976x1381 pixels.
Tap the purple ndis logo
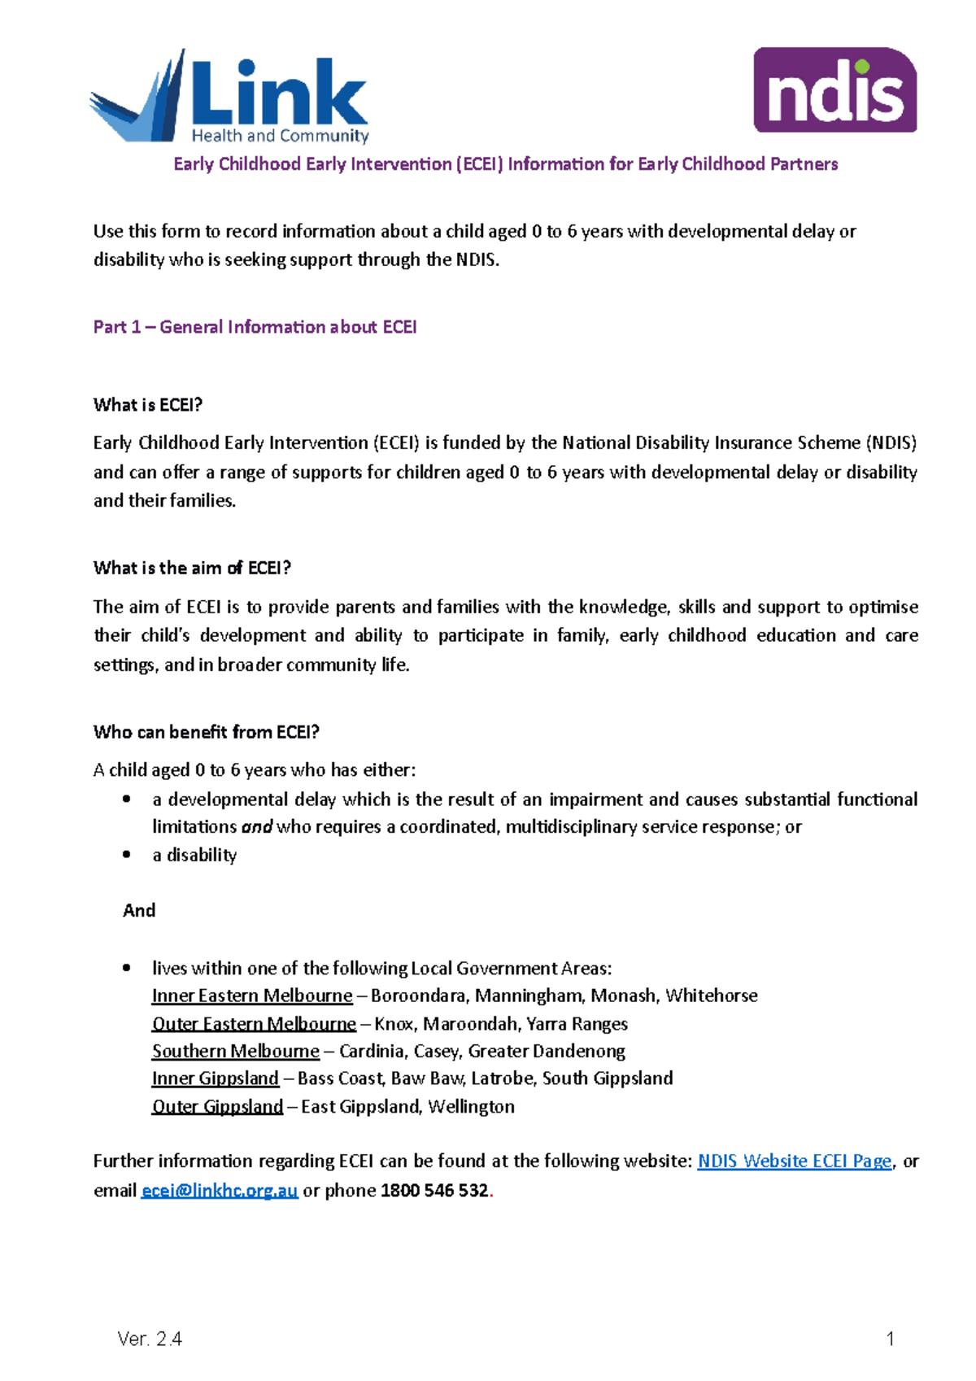point(834,89)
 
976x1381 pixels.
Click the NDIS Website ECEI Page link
point(794,1161)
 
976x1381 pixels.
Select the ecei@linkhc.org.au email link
point(220,1191)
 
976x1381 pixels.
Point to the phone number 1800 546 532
point(434,1191)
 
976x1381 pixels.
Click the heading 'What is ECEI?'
point(148,405)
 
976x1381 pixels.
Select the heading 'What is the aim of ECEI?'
point(192,568)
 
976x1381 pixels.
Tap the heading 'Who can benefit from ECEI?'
point(207,732)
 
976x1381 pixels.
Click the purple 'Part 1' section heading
point(255,327)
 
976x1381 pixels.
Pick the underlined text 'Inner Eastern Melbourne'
point(252,995)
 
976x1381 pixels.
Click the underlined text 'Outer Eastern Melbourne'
point(254,1023)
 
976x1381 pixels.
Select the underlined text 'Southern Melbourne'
point(236,1051)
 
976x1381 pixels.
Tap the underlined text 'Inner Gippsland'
point(216,1078)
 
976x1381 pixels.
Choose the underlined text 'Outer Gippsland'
point(217,1106)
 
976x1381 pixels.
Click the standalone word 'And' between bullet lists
point(139,910)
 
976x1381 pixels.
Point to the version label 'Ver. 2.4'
point(150,1339)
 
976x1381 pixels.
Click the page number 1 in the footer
point(890,1339)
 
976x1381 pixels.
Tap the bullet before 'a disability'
point(127,854)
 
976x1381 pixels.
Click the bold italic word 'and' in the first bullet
point(257,827)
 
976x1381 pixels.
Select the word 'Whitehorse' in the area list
point(712,995)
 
